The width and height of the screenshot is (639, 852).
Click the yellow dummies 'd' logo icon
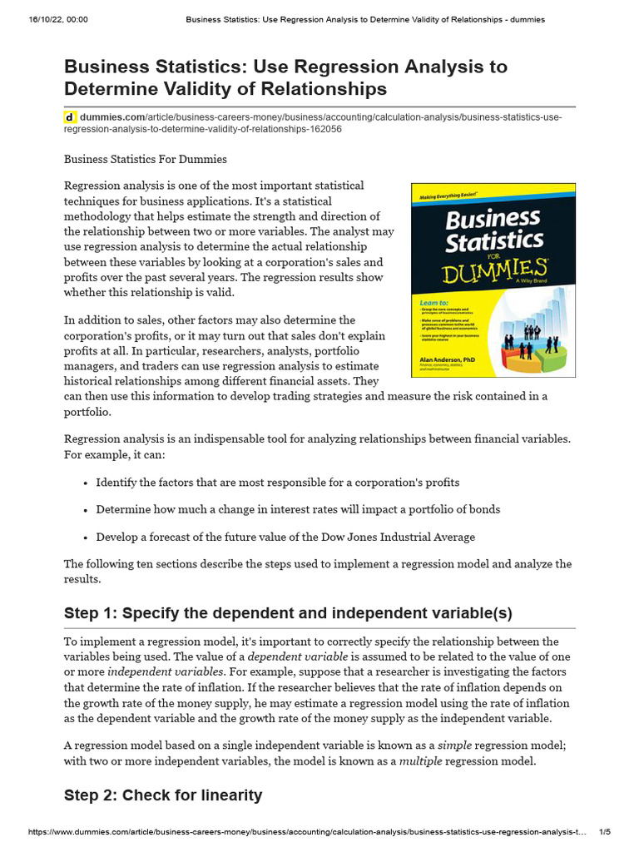[71, 117]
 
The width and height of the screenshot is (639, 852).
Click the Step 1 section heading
[288, 613]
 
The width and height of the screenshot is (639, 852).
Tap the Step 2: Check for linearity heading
[163, 795]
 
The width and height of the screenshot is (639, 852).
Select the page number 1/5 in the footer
[605, 832]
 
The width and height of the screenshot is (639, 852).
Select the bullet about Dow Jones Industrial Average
[285, 537]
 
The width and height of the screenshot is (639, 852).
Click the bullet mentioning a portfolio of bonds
[298, 509]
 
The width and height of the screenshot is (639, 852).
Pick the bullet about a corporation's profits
[277, 483]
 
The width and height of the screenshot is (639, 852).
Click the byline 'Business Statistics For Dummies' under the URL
[146, 159]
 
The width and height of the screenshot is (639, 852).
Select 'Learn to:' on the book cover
[433, 303]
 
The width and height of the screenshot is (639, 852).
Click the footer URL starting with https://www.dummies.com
[308, 832]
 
